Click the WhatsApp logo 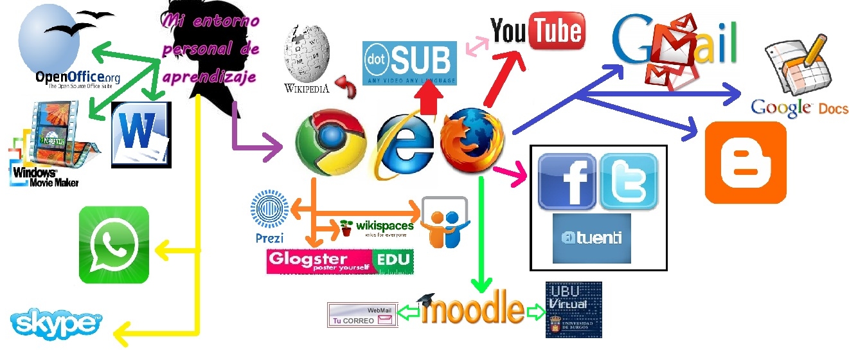(114, 245)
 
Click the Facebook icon (566, 181)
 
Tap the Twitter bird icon (628, 181)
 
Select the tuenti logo (591, 239)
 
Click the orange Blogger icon (746, 163)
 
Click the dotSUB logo (409, 63)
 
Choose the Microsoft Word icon (141, 134)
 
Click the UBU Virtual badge (573, 309)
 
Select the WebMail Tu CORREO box (362, 315)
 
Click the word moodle (474, 310)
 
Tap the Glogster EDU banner (340, 262)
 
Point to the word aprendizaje (209, 77)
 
